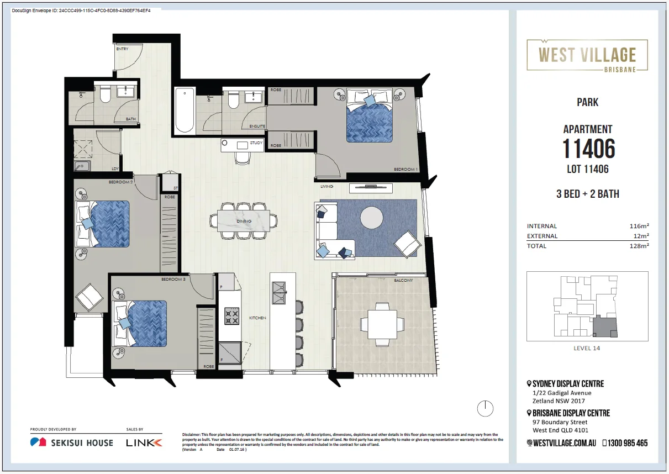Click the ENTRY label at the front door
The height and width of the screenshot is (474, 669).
[122, 49]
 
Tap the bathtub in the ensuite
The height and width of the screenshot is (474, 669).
[185, 110]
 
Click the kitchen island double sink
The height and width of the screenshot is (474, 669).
[279, 293]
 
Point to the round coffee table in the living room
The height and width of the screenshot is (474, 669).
[371, 218]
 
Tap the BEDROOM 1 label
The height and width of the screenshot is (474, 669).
[405, 170]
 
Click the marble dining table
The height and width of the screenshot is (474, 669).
[244, 220]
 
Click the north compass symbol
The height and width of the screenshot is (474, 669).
[485, 408]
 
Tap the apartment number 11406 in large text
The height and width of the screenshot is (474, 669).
[588, 149]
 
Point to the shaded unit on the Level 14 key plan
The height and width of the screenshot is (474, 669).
[605, 326]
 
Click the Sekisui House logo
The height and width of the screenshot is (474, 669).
[72, 443]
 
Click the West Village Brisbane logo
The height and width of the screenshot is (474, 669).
[587, 55]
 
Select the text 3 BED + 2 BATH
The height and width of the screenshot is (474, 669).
[588, 194]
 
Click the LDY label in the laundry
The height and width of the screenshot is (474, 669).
[115, 169]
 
